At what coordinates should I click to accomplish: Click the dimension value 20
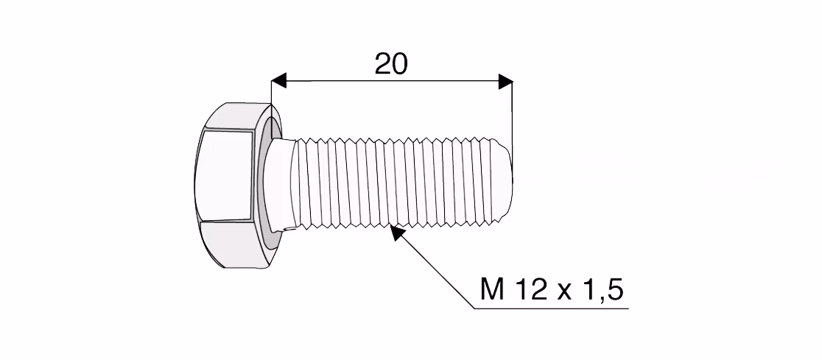[390, 64]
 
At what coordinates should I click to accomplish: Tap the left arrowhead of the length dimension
[279, 81]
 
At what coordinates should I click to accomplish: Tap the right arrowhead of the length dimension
[505, 81]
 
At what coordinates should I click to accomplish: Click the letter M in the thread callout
[492, 289]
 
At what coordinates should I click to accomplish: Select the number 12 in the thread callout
[530, 289]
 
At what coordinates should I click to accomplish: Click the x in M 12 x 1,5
[565, 292]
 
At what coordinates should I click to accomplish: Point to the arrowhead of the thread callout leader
[397, 232]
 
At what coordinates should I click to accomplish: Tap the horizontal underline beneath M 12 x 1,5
[552, 308]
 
